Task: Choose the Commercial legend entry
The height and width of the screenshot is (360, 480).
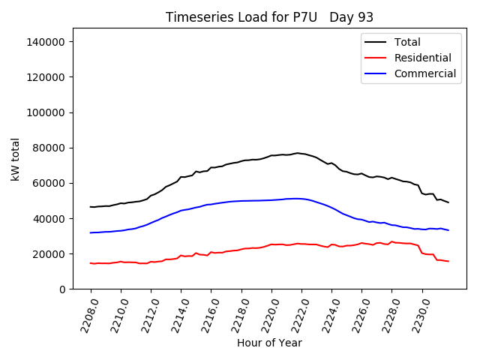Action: [x=424, y=73]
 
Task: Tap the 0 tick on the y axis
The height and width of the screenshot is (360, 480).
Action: [x=63, y=289]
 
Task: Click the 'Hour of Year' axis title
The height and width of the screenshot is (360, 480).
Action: [x=269, y=343]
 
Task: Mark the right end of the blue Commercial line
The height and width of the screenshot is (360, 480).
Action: [x=448, y=230]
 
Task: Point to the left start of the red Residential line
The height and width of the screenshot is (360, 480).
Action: [x=91, y=263]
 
